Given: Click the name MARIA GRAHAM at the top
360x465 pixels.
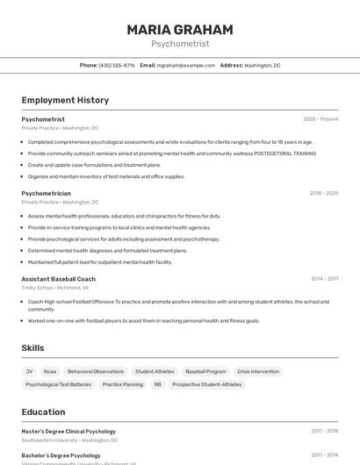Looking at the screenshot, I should [x=180, y=29].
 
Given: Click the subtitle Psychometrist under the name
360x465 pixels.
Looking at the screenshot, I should [x=180, y=44].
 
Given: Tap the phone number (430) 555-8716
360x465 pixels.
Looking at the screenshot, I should [x=117, y=65].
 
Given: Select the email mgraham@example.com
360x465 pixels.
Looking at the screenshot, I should [x=186, y=65].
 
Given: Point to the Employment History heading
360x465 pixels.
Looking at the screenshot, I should [x=65, y=100].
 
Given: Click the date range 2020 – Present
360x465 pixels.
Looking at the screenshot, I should [x=320, y=119].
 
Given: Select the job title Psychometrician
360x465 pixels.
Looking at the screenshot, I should [x=46, y=193].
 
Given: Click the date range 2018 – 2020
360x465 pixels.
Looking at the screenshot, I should [x=323, y=193].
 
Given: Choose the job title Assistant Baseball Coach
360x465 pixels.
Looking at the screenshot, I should [x=58, y=279].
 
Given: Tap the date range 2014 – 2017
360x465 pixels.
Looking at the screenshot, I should [x=324, y=279].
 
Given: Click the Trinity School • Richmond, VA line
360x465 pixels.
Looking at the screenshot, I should [x=54, y=288].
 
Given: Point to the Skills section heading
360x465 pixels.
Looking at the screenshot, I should [x=32, y=348].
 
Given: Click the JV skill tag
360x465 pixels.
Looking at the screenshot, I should [x=29, y=371].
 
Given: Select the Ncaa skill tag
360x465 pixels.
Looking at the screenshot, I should [x=50, y=371].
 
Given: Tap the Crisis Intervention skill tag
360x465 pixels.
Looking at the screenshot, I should [x=258, y=371].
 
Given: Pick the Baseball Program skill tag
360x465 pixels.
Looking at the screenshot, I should [x=205, y=371].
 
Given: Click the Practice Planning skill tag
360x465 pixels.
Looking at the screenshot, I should [x=122, y=384].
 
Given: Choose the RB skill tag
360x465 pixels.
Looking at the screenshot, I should [x=158, y=384].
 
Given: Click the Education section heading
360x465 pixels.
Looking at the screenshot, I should [x=43, y=411].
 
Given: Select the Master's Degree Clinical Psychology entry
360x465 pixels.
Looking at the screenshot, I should [x=68, y=432].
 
